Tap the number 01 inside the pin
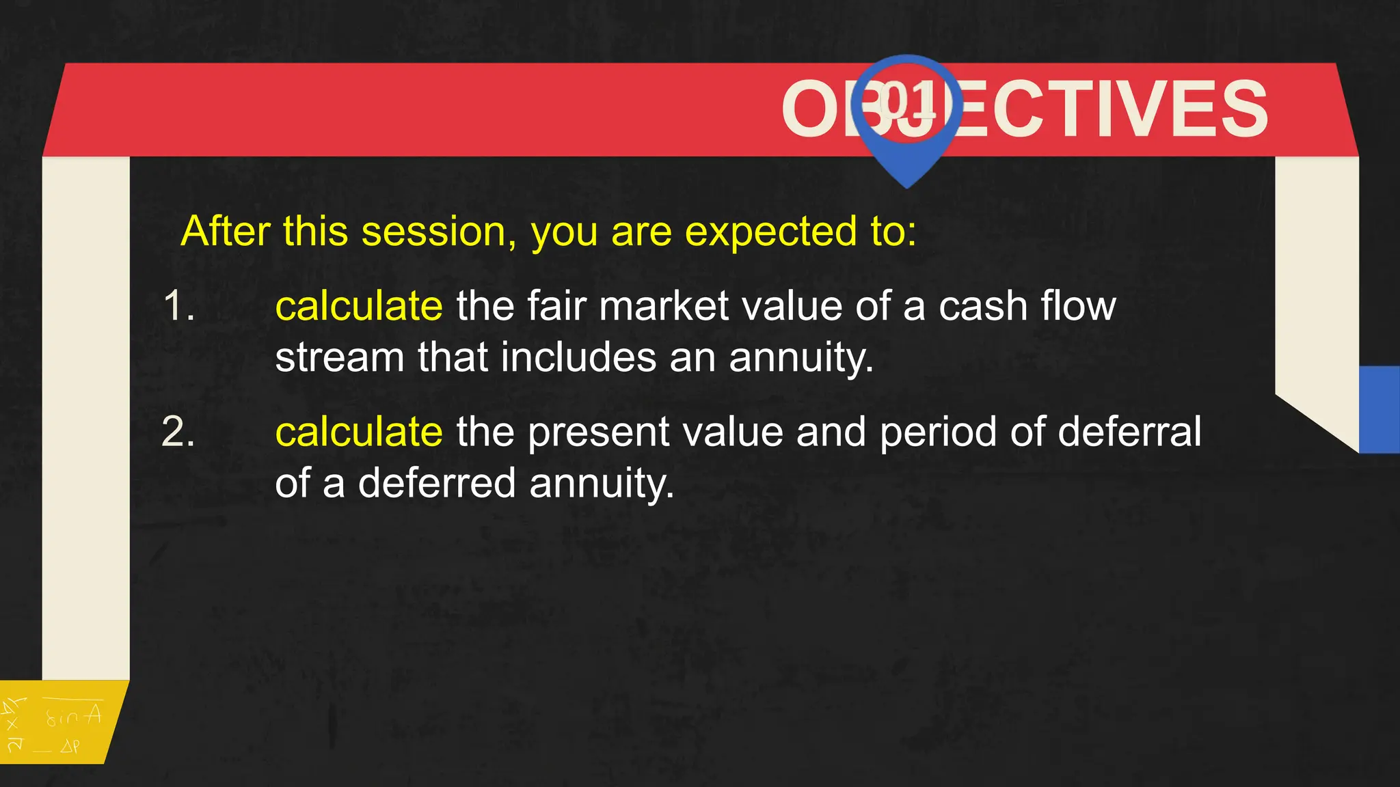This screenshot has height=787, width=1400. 908,101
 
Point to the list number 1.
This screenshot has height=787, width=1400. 179,305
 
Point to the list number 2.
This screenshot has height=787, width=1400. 178,432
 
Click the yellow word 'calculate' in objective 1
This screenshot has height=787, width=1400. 359,305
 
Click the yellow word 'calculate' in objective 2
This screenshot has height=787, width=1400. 359,432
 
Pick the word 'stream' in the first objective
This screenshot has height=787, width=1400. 340,357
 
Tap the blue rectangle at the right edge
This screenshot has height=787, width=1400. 1379,409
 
